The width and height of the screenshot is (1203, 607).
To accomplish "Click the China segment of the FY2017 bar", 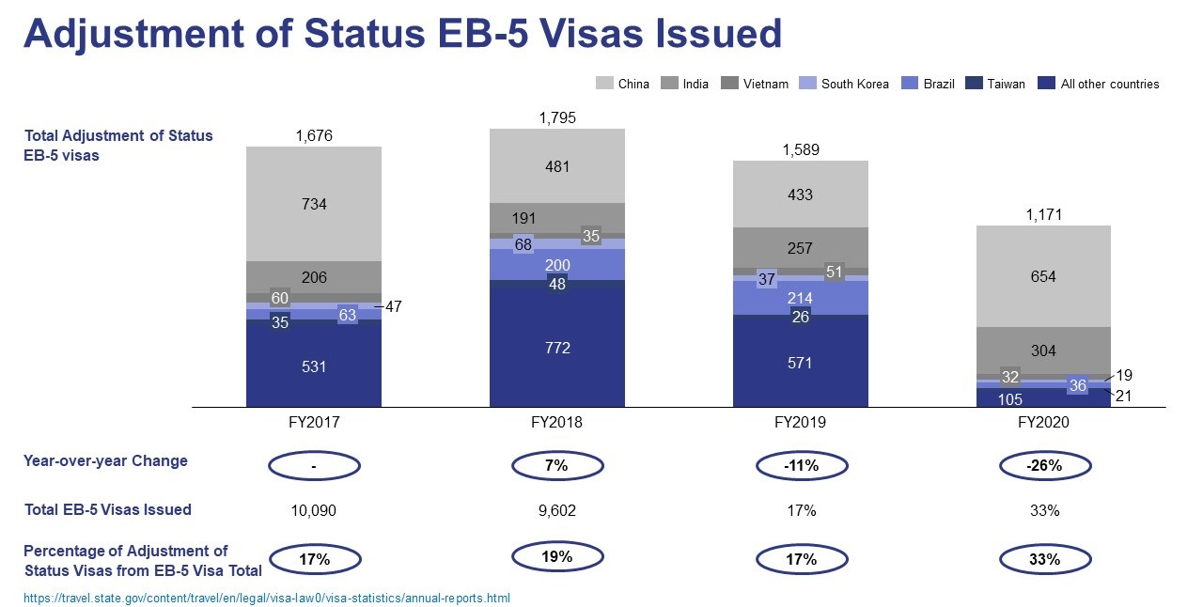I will pyautogui.click(x=313, y=204).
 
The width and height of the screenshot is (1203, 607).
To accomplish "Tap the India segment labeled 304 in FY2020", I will pyautogui.click(x=1043, y=350).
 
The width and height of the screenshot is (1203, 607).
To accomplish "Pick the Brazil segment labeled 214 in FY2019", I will pyautogui.click(x=800, y=298).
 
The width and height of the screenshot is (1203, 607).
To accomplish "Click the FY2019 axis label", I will pyautogui.click(x=800, y=423).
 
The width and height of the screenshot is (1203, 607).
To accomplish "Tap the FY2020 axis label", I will pyautogui.click(x=1043, y=423).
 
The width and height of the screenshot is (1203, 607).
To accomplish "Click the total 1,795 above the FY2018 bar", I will pyautogui.click(x=557, y=118).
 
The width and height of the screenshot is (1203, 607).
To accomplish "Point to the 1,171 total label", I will pyautogui.click(x=1043, y=215).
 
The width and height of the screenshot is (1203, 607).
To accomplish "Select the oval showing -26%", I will pyautogui.click(x=1043, y=465).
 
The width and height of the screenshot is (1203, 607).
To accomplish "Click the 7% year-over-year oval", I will pyautogui.click(x=557, y=465).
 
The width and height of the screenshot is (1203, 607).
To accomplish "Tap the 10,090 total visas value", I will pyautogui.click(x=314, y=510).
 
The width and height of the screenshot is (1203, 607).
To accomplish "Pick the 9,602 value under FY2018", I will pyautogui.click(x=557, y=510).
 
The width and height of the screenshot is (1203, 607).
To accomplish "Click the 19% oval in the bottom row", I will pyautogui.click(x=557, y=556).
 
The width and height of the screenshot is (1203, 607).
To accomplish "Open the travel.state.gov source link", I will pyautogui.click(x=267, y=598).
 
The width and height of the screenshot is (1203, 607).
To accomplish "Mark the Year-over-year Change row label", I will pyautogui.click(x=105, y=461).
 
